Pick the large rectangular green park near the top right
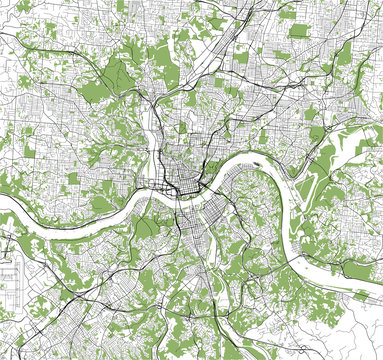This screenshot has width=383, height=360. pyautogui.click(x=298, y=31)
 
